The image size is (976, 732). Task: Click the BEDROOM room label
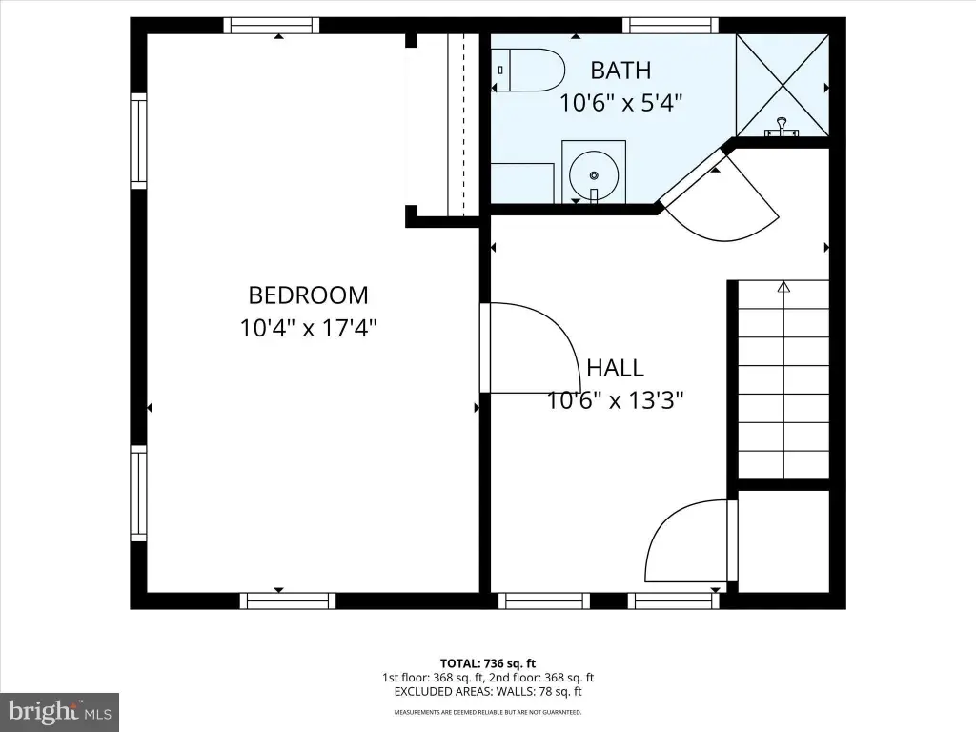[x=308, y=295]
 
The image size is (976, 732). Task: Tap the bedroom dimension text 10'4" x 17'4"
[x=309, y=328]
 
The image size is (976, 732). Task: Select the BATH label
[x=620, y=71]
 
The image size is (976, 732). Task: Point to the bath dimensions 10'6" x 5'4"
[x=621, y=102]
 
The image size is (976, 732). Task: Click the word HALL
[x=615, y=368]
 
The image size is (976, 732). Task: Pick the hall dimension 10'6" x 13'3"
[x=616, y=400]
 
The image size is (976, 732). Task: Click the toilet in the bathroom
[x=528, y=71]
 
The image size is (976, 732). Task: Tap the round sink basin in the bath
[x=594, y=175]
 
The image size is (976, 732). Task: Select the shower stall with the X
[x=783, y=85]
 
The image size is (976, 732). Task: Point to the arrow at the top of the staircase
[x=783, y=287]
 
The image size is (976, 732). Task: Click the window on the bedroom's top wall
[x=272, y=26]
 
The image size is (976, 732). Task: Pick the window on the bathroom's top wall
[x=670, y=26]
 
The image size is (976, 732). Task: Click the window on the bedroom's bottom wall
[x=288, y=600]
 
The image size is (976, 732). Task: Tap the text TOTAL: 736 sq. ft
[x=488, y=663]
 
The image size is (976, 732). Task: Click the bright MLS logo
[x=60, y=711]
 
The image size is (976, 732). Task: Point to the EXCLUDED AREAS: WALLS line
[x=488, y=692]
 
